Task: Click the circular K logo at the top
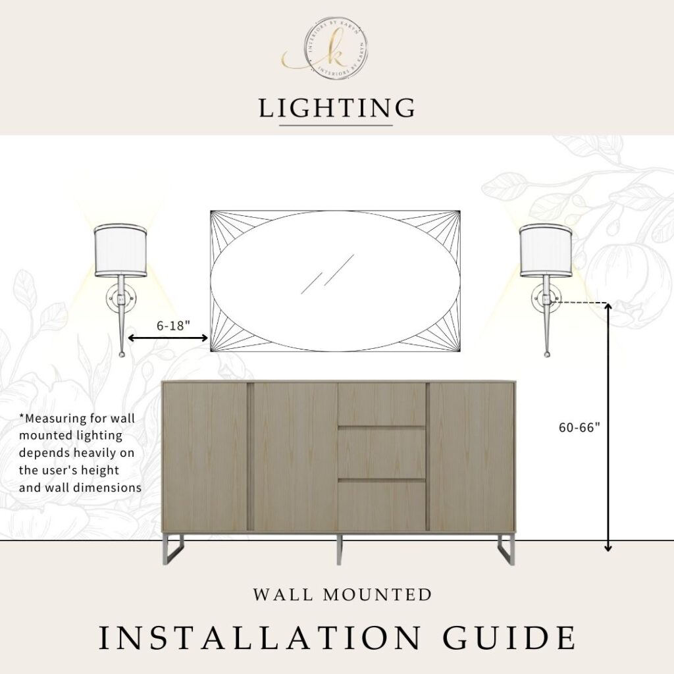[338, 49]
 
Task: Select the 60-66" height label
[579, 427]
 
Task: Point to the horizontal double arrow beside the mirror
[168, 338]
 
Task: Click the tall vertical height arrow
[608, 427]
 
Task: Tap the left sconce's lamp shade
[121, 251]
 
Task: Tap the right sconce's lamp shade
[546, 251]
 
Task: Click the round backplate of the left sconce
[120, 298]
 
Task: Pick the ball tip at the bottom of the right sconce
[547, 355]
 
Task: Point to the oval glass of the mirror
[335, 281]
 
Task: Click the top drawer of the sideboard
[382, 404]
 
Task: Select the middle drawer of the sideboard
[382, 453]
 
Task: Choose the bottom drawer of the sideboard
[382, 505]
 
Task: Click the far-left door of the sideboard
[205, 457]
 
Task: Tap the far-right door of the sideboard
[471, 457]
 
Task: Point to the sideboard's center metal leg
[339, 549]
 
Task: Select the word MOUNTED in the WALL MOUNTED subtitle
[377, 595]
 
